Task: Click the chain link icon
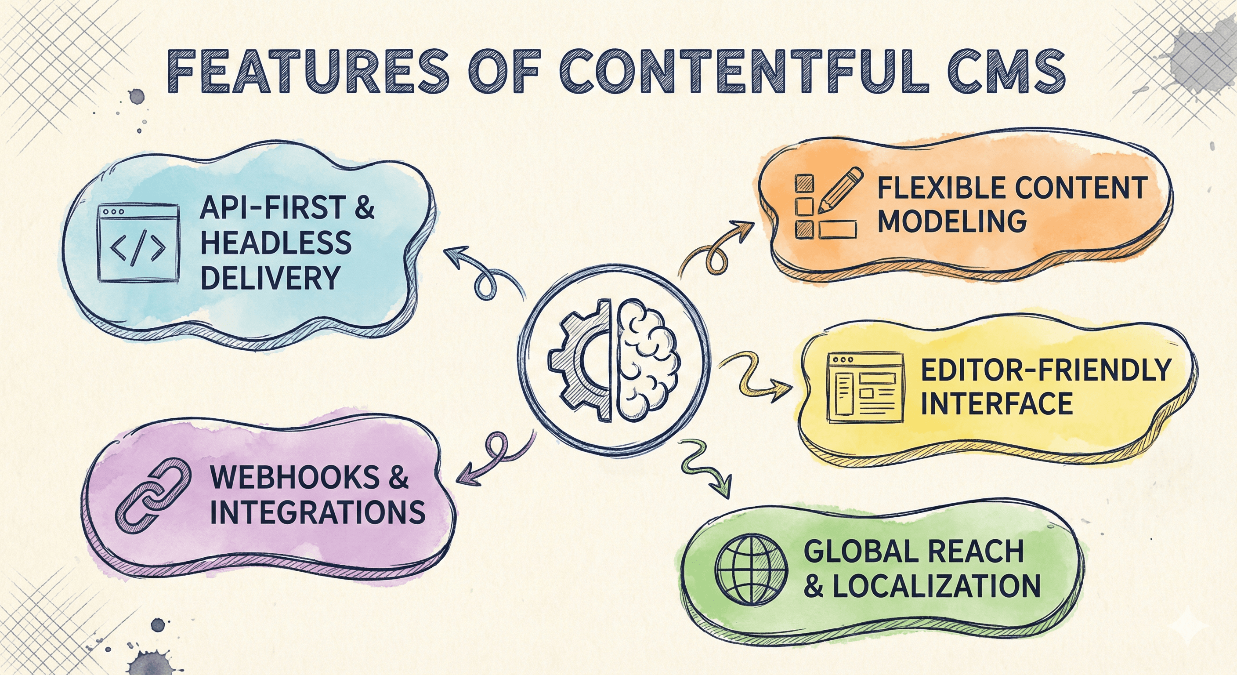[x=152, y=498]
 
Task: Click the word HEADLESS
[x=275, y=243]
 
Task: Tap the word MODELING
[x=952, y=221]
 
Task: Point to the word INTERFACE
[x=996, y=403]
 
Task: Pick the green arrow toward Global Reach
[x=706, y=468]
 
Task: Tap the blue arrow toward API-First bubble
[x=485, y=274]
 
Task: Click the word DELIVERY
[x=270, y=278]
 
